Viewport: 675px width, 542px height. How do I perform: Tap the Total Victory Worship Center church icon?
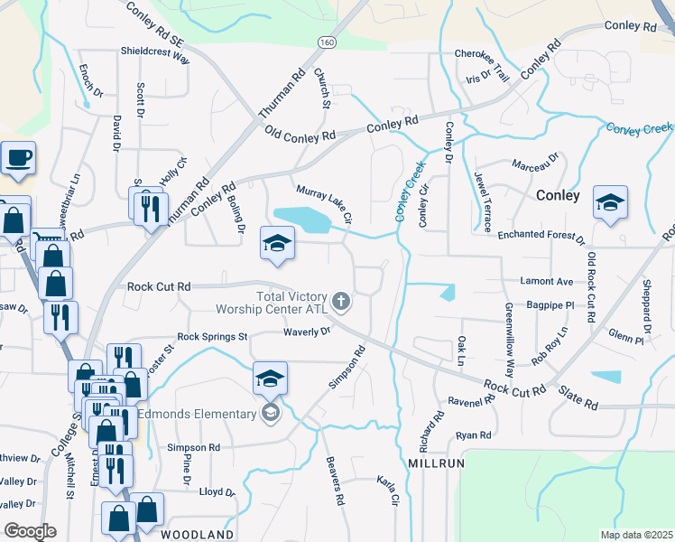click(x=341, y=300)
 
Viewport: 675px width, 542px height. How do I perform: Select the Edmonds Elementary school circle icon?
click(x=269, y=414)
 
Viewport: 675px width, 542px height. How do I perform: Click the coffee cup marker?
click(x=18, y=159)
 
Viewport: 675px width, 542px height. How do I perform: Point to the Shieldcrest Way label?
click(x=155, y=51)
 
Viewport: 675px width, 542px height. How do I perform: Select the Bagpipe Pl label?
click(x=550, y=306)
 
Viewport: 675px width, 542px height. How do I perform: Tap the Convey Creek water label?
click(x=639, y=128)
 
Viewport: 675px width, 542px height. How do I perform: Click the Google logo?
click(x=30, y=530)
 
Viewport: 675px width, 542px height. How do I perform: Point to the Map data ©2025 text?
click(x=636, y=535)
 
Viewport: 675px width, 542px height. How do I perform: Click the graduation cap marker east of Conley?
click(x=610, y=202)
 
